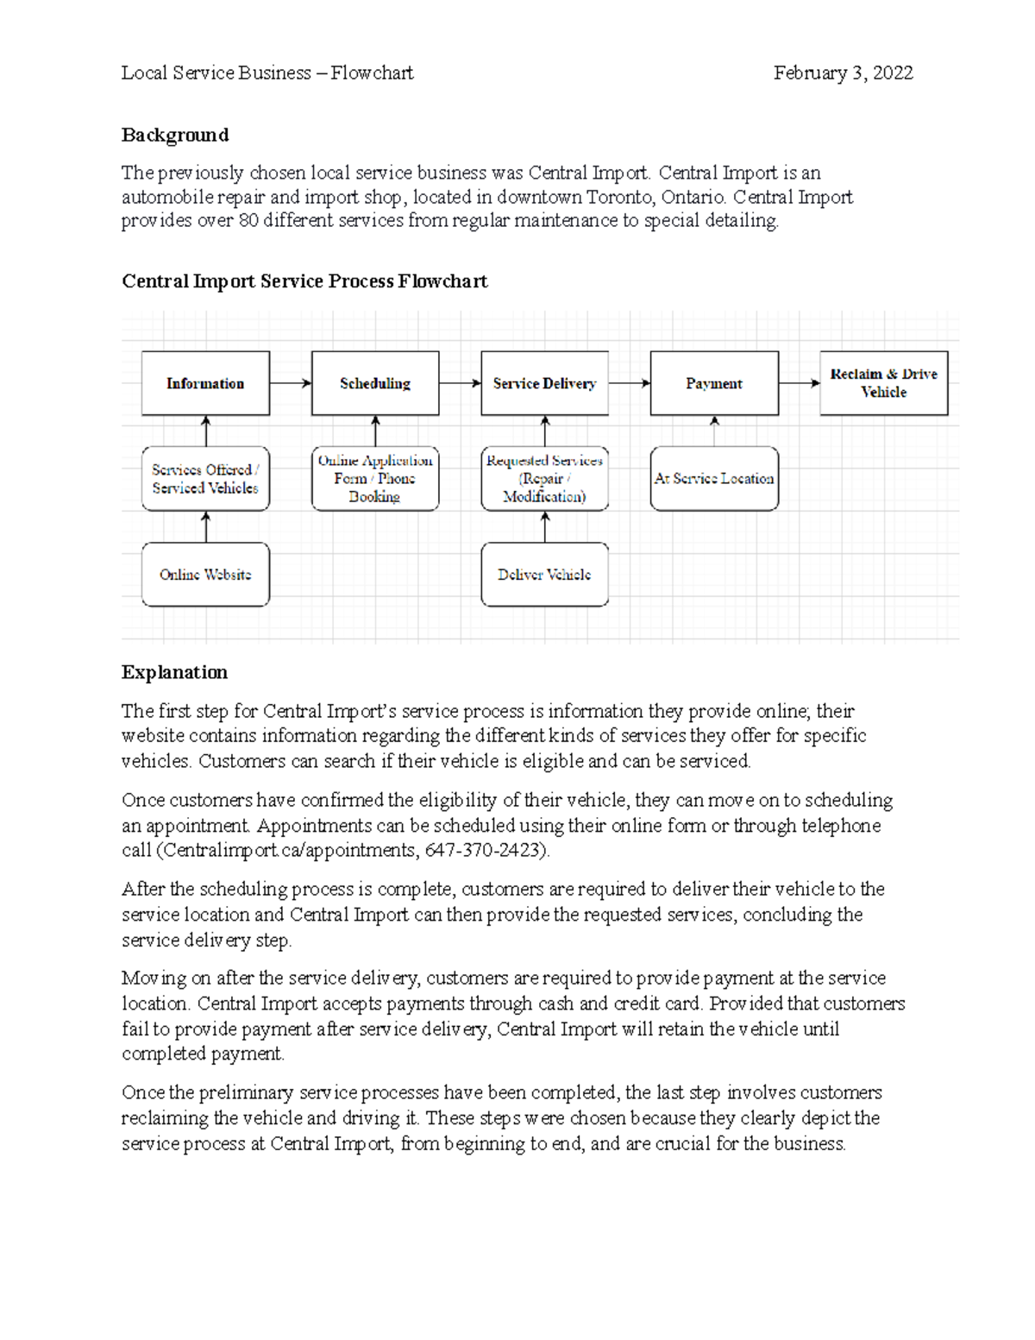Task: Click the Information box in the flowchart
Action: click(205, 383)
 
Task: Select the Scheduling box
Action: click(375, 383)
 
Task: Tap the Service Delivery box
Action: click(544, 383)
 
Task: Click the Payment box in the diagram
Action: click(714, 383)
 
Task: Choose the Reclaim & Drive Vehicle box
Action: click(883, 383)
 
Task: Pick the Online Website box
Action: click(205, 575)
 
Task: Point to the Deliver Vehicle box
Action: click(544, 575)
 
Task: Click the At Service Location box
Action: click(714, 479)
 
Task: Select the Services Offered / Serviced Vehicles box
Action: click(205, 479)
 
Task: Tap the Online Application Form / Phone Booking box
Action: click(375, 479)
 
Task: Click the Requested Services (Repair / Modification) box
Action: click(544, 479)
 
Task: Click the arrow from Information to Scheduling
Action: click(291, 383)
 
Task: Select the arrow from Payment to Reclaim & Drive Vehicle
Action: click(799, 383)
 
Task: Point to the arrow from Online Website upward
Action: click(206, 526)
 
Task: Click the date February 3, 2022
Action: click(843, 73)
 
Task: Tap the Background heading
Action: click(175, 135)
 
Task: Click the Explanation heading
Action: click(174, 673)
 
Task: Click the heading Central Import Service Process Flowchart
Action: click(304, 282)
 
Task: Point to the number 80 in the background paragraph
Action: click(248, 221)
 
